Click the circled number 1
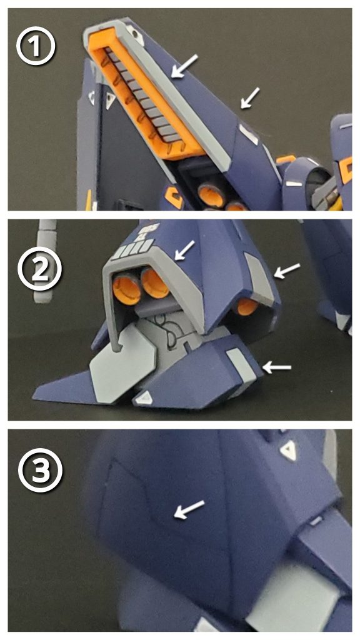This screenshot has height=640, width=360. pos(36,47)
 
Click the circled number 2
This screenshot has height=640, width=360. pos(40,269)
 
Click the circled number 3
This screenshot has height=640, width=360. pos(40,469)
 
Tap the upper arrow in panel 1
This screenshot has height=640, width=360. pos(185,65)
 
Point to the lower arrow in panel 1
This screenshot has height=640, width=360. pos(250,98)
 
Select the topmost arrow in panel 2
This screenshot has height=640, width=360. pos(184,250)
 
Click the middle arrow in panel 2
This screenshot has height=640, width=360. pos(286,271)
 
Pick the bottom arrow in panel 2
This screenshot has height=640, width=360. pos(277,367)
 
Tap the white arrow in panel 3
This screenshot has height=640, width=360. pos(189,509)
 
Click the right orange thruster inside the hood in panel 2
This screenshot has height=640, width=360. pos(155,282)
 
